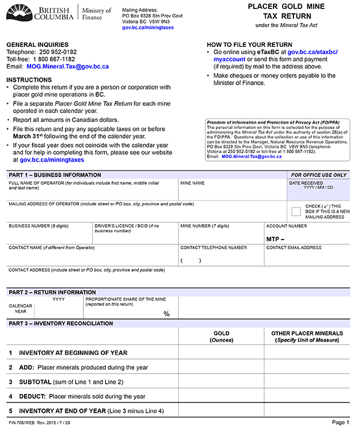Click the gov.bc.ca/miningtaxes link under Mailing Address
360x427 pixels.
tap(148, 28)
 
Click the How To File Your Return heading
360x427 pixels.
tap(250, 45)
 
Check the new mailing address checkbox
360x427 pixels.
tap(296, 211)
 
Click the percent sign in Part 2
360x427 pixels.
tap(167, 313)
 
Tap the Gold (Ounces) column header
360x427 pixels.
tap(221, 336)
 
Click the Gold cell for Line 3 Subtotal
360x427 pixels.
tap(221, 381)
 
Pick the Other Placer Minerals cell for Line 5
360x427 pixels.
tap(307, 411)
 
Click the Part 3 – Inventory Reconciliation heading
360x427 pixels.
tap(61, 323)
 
